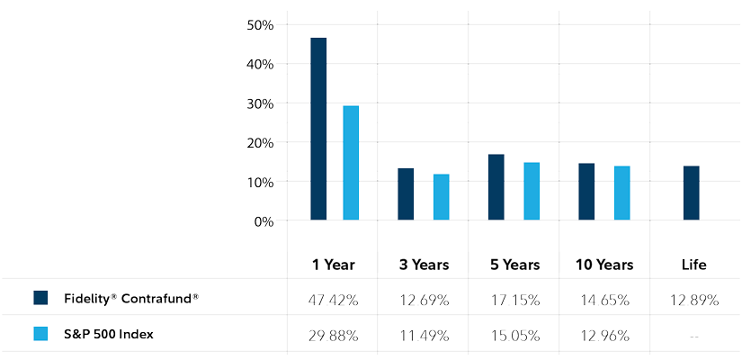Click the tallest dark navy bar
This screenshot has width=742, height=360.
pyautogui.click(x=318, y=129)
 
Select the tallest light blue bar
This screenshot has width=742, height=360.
pyautogui.click(x=351, y=163)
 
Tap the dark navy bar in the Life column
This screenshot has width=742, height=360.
pyautogui.click(x=691, y=193)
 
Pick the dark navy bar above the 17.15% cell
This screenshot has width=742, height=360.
pyautogui.click(x=496, y=187)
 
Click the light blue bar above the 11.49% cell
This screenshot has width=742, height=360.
pyautogui.click(x=441, y=197)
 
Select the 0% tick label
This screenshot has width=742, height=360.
pyautogui.click(x=264, y=221)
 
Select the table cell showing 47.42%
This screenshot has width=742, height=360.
pyautogui.click(x=331, y=300)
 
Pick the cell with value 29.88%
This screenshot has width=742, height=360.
pyautogui.click(x=331, y=336)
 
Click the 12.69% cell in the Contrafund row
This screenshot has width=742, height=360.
pyautogui.click(x=422, y=300)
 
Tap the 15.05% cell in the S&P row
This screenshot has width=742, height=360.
pyautogui.click(x=513, y=336)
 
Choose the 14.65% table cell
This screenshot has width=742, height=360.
pyautogui.click(x=603, y=300)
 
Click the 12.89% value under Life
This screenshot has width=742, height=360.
pyautogui.click(x=693, y=300)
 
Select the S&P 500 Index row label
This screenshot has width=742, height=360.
pyautogui.click(x=109, y=334)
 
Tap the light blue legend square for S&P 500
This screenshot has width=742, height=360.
pyautogui.click(x=40, y=334)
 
